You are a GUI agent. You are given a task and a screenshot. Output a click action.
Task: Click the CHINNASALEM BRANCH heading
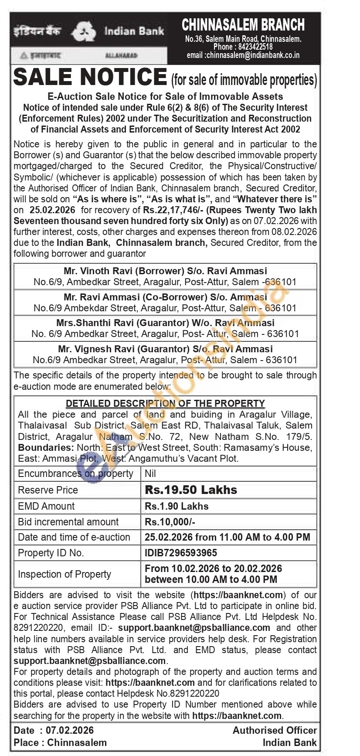243,25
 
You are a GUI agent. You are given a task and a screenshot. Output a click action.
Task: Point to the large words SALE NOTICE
90,77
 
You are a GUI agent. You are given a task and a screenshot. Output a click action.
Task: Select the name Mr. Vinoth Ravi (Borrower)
123,271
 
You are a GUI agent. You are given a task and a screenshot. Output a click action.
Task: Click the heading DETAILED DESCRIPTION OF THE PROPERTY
165,403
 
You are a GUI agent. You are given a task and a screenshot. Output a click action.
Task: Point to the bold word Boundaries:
46,448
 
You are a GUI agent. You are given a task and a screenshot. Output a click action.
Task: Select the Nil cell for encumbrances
150,473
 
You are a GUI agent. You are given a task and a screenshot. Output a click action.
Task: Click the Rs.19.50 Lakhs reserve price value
191,490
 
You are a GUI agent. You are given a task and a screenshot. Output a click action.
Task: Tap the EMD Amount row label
46,506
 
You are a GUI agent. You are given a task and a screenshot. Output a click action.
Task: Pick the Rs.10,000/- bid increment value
170,522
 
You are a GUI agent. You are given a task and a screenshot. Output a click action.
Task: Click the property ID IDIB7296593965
181,553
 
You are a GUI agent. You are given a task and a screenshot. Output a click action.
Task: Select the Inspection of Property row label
65,574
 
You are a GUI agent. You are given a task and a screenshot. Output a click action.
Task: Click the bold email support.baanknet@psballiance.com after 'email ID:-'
194,628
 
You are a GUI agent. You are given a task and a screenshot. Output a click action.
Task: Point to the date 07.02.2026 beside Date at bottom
70,730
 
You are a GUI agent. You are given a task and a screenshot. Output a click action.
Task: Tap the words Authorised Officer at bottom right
275,730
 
